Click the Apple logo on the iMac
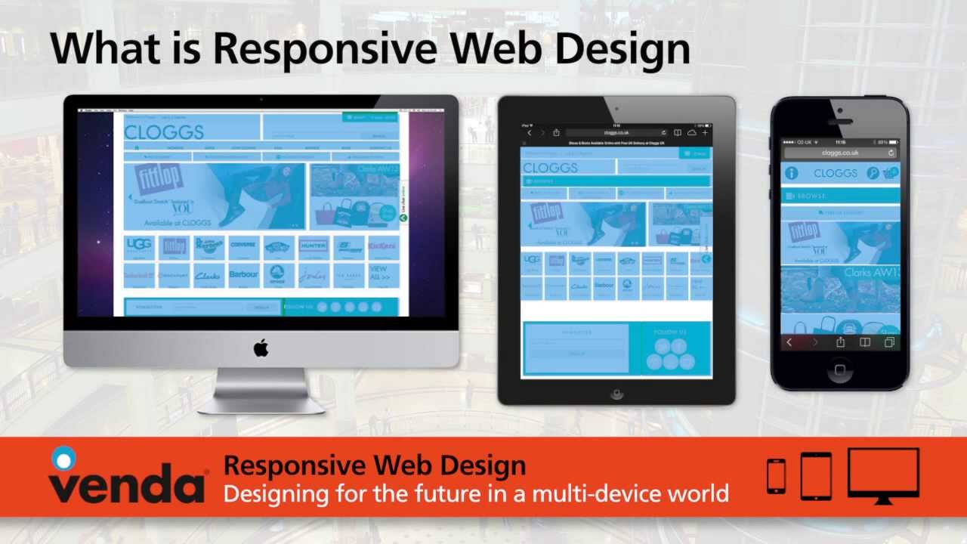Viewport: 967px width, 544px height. [261, 348]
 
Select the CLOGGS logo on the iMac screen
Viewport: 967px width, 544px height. [164, 132]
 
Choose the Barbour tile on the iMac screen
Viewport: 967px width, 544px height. [243, 275]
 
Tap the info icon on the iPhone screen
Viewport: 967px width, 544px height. [791, 173]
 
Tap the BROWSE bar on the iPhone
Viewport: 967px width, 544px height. [840, 196]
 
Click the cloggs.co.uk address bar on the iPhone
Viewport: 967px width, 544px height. [840, 153]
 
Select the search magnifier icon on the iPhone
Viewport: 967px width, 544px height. [873, 173]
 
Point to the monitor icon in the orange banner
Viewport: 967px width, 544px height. [883, 474]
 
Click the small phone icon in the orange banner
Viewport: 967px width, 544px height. [776, 476]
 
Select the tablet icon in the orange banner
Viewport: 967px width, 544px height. [816, 475]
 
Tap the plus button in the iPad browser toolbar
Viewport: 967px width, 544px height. [705, 133]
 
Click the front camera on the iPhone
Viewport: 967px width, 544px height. [840, 111]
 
